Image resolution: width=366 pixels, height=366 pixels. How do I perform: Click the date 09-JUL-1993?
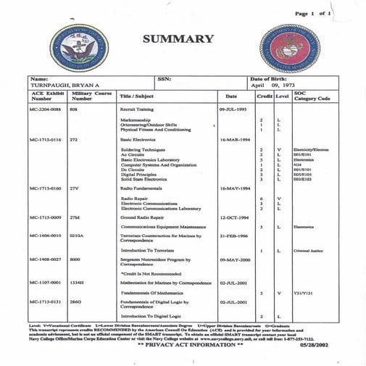pos(233,107)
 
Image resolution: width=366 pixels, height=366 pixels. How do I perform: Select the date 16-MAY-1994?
pos(233,188)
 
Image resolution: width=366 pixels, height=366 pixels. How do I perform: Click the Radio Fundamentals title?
pos(141,188)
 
